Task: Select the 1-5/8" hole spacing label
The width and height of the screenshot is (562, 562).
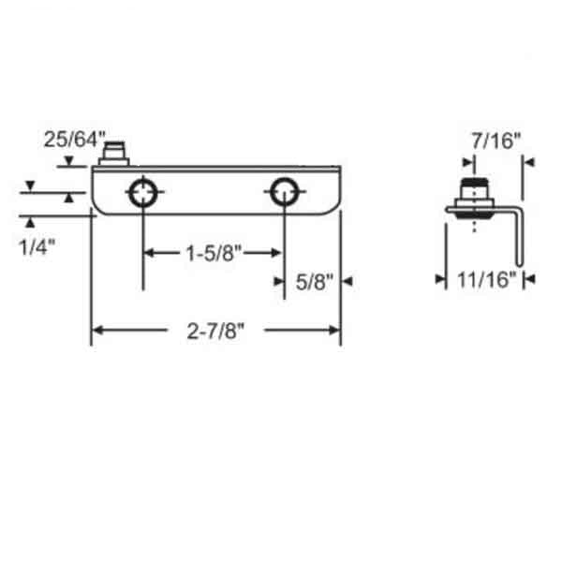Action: coord(213,253)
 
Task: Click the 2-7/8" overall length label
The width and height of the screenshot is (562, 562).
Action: coord(215,330)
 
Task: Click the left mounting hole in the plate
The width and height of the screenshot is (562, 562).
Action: coord(142,193)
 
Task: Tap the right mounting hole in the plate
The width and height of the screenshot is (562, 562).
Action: coord(284,193)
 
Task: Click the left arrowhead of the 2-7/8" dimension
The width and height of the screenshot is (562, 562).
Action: coord(96,330)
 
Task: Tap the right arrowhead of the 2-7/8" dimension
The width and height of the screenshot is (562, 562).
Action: coord(334,330)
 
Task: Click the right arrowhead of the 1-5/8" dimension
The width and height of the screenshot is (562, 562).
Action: coord(278,253)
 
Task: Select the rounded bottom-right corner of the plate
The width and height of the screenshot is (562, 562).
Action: coord(333,210)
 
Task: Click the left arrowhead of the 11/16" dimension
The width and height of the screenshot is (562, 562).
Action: coord(450,279)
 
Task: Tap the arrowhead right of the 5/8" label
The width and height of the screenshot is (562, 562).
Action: coord(346,280)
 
